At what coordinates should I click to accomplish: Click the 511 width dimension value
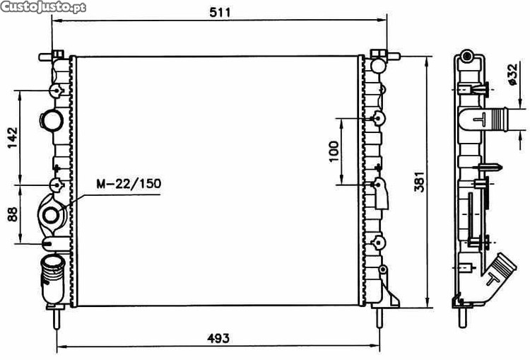220,12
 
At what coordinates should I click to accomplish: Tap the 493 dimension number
218,338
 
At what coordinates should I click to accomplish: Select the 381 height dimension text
419,182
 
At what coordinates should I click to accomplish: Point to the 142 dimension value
13,137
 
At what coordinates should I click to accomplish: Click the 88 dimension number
13,214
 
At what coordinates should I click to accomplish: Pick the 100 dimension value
334,151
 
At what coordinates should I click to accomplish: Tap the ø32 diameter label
512,74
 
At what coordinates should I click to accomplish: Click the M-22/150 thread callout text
129,183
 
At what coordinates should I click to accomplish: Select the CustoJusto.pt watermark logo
43,7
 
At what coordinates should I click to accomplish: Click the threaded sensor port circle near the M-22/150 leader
51,215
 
